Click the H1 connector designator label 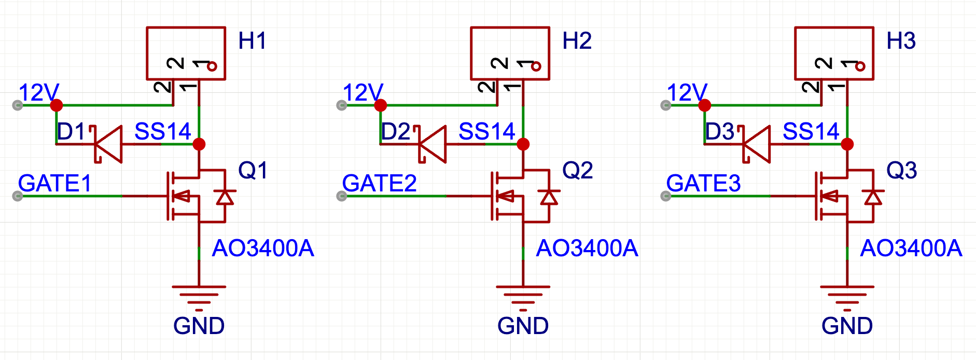[252, 41]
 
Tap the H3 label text [901, 41]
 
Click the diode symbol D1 [108, 144]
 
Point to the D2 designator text [395, 132]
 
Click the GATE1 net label [54, 183]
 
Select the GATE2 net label [379, 183]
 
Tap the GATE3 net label [703, 183]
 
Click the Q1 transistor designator [253, 170]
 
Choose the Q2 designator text [577, 170]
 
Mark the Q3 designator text [901, 170]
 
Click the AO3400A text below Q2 [587, 248]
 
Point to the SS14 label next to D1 [163, 131]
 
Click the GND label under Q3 [847, 326]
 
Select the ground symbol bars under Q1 [199, 295]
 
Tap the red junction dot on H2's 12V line [381, 105]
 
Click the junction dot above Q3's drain [847, 144]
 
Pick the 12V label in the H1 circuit [38, 93]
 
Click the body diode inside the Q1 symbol [225, 197]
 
